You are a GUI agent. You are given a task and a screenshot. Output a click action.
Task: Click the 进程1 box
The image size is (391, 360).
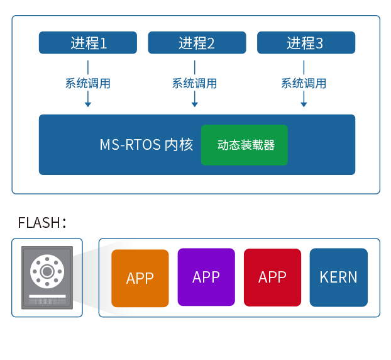pyautogui.click(x=88, y=43)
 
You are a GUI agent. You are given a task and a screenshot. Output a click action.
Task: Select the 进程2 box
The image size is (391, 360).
pyautogui.click(x=197, y=43)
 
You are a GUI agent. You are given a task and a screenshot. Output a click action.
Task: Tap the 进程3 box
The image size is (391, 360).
pyautogui.click(x=306, y=43)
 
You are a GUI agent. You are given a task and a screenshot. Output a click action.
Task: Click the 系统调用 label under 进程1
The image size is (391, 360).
pyautogui.click(x=88, y=83)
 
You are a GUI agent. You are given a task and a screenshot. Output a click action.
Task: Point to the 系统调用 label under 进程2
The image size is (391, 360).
pyautogui.click(x=194, y=83)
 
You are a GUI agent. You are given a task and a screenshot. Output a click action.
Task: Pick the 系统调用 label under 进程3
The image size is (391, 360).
pyautogui.click(x=304, y=83)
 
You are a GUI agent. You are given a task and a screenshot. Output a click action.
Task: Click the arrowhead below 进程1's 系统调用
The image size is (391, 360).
pyautogui.click(x=88, y=103)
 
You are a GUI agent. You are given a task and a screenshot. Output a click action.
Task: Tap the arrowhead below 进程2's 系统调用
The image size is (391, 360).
pyautogui.click(x=194, y=103)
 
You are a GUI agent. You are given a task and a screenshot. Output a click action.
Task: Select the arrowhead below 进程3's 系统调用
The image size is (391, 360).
pyautogui.click(x=304, y=103)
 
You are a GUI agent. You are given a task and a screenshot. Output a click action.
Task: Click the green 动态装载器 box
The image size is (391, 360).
pyautogui.click(x=245, y=145)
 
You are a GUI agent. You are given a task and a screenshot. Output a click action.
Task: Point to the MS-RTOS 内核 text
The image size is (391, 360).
pyautogui.click(x=146, y=145)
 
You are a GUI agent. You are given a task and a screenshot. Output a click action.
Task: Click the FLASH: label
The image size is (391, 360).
pyautogui.click(x=41, y=223)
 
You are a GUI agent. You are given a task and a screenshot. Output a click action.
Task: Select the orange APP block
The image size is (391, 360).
pyautogui.click(x=140, y=278)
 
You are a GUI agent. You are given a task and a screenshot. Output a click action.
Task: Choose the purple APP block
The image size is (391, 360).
pyautogui.click(x=206, y=277)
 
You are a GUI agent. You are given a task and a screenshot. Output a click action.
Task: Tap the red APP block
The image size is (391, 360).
pyautogui.click(x=272, y=277)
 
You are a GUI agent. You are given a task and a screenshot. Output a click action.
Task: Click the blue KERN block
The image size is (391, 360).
pyautogui.click(x=338, y=277)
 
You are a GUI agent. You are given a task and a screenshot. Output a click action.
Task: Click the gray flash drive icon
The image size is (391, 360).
pyautogui.click(x=47, y=278)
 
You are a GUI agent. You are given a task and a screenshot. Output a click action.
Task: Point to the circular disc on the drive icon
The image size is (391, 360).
pyautogui.click(x=47, y=271)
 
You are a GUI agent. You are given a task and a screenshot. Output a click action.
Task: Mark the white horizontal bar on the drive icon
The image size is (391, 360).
pyautogui.click(x=47, y=295)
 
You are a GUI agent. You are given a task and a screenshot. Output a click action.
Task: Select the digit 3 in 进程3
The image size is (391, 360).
pyautogui.click(x=319, y=43)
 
